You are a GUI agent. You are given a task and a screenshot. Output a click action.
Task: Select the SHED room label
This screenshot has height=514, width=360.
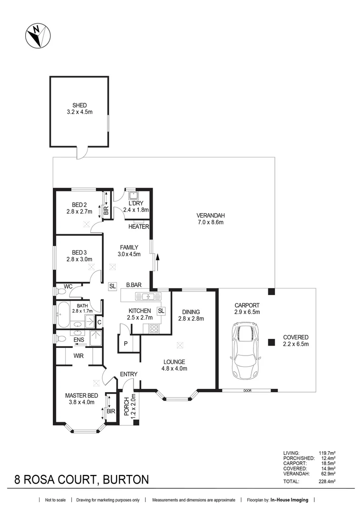coord(79,109)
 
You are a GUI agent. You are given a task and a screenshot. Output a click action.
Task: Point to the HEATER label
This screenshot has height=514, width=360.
coord(138,227)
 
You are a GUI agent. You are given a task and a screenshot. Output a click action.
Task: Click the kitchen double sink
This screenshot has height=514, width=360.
coord(149,297)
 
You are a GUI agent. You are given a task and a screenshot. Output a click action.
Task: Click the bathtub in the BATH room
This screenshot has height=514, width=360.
coord(63,314)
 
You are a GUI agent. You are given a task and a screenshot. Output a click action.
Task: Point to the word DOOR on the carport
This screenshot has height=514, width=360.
coord(247,391)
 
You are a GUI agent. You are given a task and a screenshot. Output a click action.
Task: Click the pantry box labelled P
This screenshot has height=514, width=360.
coord(125,343)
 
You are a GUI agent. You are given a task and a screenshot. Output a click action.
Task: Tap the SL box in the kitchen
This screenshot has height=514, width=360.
coord(161,311)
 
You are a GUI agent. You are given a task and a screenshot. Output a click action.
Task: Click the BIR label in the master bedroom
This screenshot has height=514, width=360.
coord(110,411)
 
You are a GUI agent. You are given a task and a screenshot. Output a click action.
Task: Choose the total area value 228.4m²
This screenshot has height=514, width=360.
coord(327,482)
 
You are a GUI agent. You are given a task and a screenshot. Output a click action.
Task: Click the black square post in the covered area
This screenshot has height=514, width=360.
coord(271,341)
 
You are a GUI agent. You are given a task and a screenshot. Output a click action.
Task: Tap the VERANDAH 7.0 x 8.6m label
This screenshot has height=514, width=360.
coord(210,218)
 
